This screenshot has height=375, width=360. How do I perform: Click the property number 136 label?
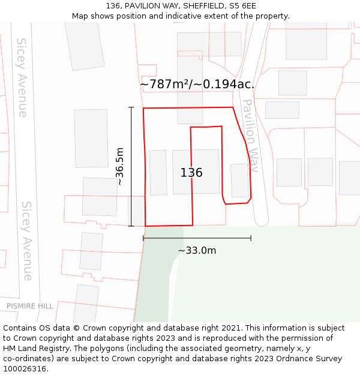(191, 173)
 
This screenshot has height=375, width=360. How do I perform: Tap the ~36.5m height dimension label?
(119, 166)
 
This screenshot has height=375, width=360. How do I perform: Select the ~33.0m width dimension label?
(197, 250)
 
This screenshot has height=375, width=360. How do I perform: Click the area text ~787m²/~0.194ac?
(197, 85)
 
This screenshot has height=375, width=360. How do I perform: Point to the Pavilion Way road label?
(250, 136)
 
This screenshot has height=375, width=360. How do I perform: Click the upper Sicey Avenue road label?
(22, 77)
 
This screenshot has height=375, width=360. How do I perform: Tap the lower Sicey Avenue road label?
(27, 240)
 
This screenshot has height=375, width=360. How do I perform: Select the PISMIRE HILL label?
(30, 306)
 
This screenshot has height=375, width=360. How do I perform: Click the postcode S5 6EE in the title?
(242, 6)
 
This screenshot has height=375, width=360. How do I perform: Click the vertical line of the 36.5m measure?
(131, 180)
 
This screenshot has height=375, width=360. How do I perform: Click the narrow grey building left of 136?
(158, 173)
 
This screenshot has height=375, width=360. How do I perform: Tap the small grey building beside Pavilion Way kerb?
(239, 181)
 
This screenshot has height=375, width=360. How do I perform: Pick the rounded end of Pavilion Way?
(262, 221)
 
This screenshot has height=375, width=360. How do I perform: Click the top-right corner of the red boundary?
(232, 107)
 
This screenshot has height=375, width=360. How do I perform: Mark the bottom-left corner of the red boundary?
(145, 226)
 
